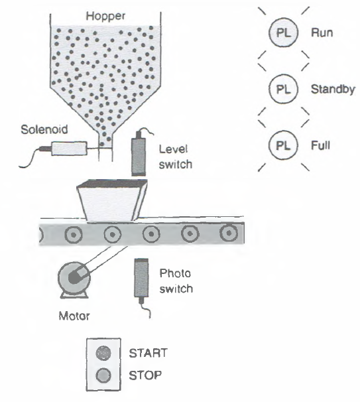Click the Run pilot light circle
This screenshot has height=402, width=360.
[281, 31]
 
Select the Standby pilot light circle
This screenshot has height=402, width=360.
[281, 88]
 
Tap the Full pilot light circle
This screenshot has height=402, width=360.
[281, 144]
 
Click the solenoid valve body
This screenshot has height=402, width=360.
[66, 148]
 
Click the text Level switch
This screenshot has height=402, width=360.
[175, 157]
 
